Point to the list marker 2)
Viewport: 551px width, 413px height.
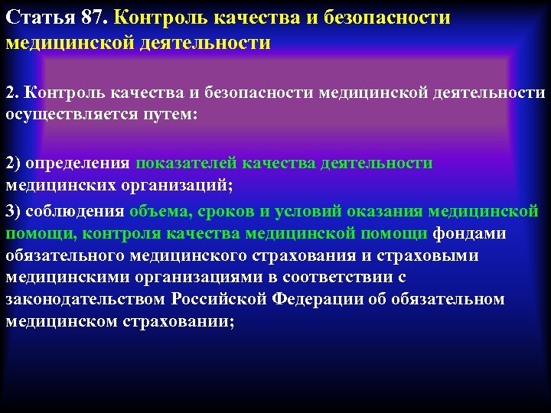[x=14, y=163]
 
